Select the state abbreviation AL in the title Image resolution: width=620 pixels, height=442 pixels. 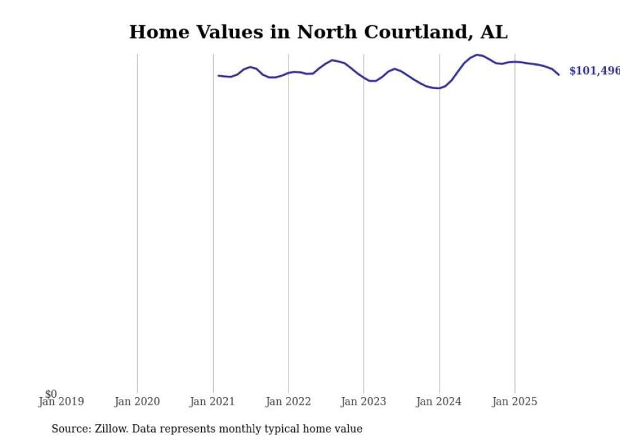click(493, 32)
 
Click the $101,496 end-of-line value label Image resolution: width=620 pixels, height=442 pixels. click(594, 71)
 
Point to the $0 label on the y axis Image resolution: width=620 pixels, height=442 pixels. click(51, 394)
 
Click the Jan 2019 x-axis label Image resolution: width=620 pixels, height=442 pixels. click(61, 402)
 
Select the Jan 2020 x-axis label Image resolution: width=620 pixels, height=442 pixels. click(137, 402)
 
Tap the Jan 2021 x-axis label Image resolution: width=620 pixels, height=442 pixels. click(213, 402)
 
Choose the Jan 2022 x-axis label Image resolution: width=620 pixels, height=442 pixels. click(288, 402)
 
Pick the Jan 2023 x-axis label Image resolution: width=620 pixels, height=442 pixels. click(364, 402)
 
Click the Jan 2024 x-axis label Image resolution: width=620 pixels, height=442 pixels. click(440, 402)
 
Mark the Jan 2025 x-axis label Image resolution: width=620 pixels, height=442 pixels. click(515, 402)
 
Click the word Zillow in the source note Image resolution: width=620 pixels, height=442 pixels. click(111, 429)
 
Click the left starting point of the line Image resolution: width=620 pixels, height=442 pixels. click(218, 76)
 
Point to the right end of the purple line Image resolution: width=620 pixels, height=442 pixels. click(559, 75)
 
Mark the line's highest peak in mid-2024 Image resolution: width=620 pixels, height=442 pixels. click(477, 55)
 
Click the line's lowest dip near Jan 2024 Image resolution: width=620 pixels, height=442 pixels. click(437, 88)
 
